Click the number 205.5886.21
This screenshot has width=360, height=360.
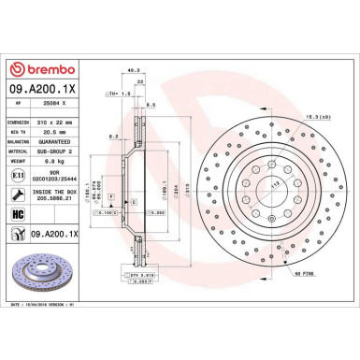click(62, 197)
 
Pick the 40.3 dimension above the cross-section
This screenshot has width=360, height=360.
click(136, 69)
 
